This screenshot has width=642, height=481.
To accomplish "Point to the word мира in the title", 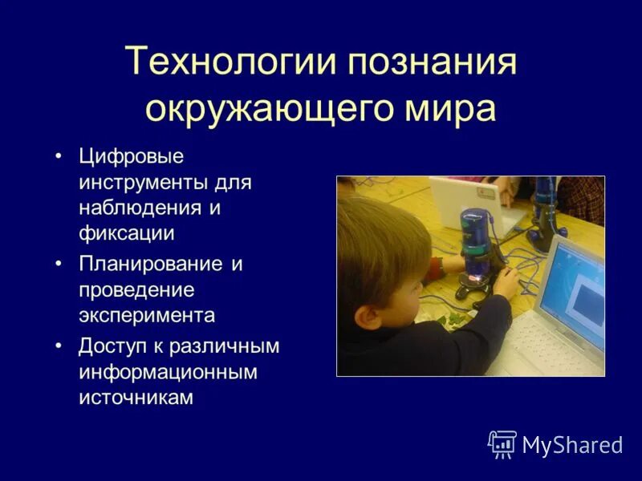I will coord(451,109).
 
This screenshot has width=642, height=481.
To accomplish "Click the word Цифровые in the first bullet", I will coord(132,156).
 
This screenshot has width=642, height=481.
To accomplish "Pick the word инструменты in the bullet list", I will coord(144,183).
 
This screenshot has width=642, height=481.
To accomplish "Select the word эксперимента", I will coord(147,315).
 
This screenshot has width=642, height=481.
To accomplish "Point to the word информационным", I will coord(168,372).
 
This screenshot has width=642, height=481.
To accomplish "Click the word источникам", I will coord(136,398).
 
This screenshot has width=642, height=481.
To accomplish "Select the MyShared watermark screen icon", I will coord(502,443).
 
